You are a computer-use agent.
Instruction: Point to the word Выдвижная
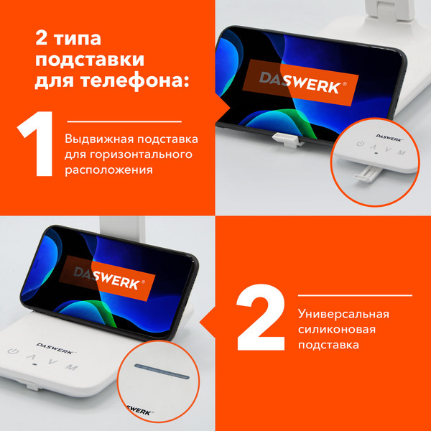click(96, 139)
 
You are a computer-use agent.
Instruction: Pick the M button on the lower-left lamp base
click(70, 367)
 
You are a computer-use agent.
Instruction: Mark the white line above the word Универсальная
click(356, 295)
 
